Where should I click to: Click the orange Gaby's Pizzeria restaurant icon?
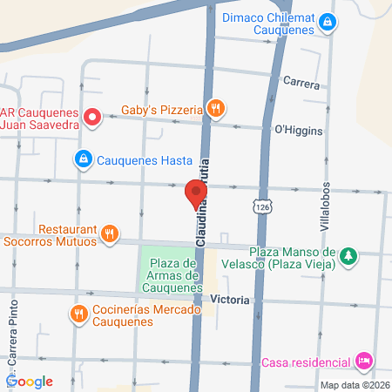point(217,109)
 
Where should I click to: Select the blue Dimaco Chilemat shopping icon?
point(327,21)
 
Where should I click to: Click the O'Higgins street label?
point(298,132)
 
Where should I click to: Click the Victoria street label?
point(232,300)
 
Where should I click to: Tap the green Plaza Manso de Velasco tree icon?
point(348,255)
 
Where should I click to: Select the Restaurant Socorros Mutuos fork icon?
point(109,233)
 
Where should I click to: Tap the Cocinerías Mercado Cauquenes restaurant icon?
point(78,314)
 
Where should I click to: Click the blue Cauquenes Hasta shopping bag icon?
point(82,159)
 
